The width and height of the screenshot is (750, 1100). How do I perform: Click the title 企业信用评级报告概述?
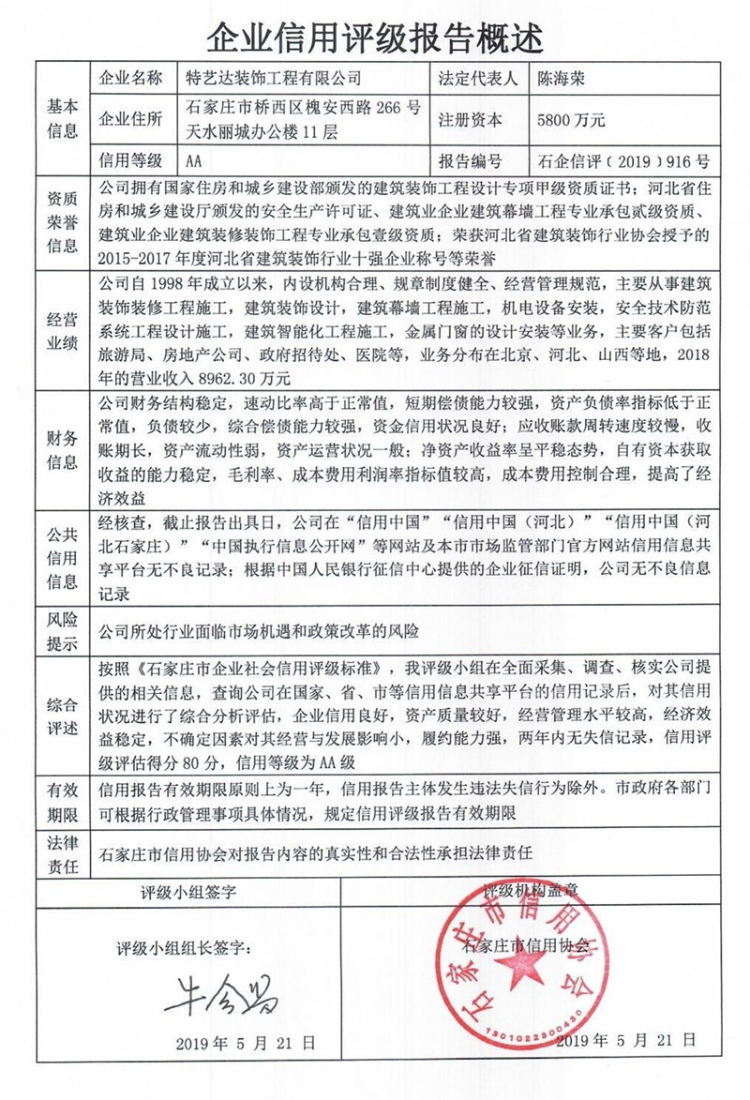(374, 36)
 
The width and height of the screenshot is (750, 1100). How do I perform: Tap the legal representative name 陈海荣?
(562, 78)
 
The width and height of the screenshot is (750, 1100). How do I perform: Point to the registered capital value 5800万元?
(572, 120)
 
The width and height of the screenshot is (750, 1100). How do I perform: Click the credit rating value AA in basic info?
(195, 160)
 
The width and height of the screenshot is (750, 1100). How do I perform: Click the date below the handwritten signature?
(246, 1043)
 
